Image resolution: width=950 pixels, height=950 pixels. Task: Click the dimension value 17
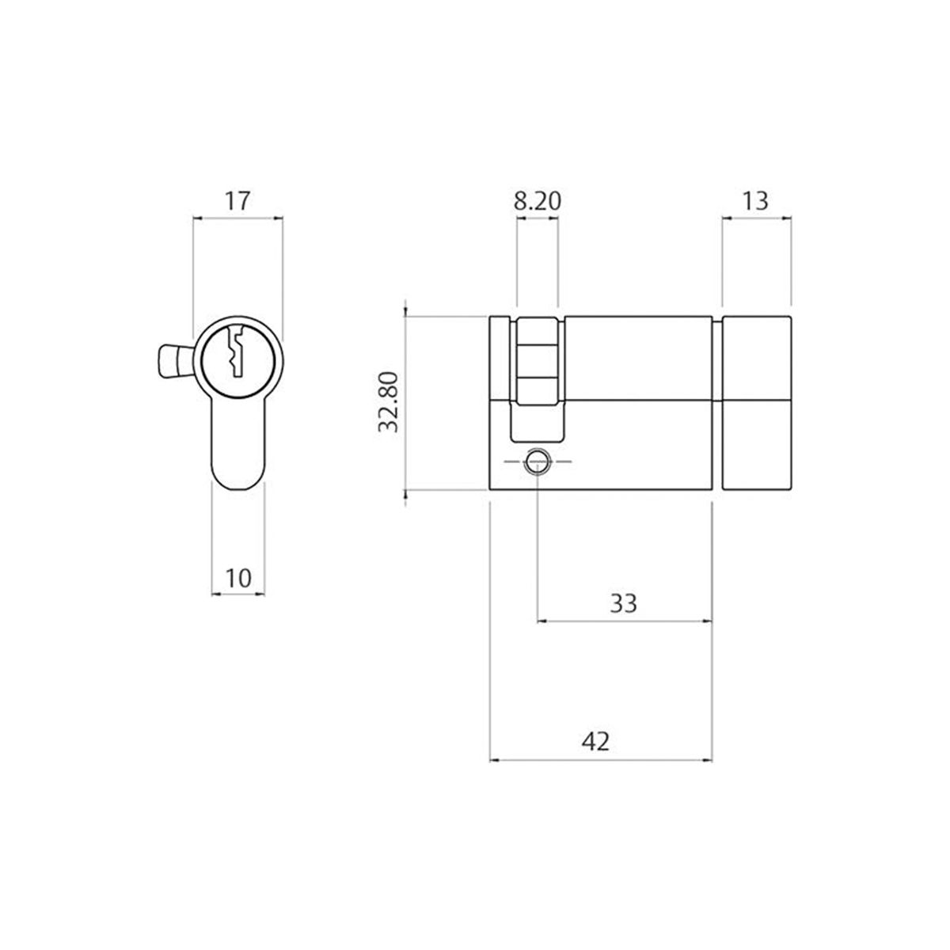coord(237,200)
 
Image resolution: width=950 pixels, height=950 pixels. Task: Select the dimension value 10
coord(237,578)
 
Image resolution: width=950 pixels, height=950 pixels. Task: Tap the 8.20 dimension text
coord(538,200)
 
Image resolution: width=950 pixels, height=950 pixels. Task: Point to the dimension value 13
coord(756,200)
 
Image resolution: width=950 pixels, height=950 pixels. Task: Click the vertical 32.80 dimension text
coord(388,403)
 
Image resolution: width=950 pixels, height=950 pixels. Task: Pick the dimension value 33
coord(623,603)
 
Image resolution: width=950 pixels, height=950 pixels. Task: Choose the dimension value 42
coord(599,741)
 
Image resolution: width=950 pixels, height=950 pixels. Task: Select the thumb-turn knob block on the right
coord(756,403)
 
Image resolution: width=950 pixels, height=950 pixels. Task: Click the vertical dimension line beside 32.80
coord(406,403)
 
